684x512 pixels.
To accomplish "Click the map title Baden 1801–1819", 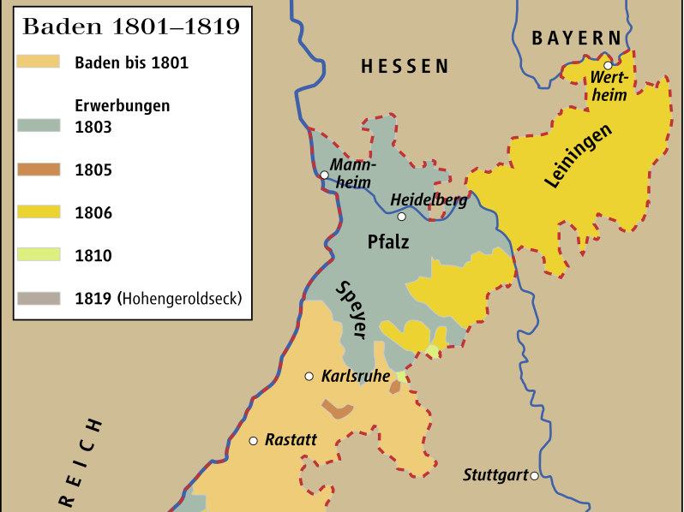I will [130, 26].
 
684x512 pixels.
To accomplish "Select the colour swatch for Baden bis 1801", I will [38, 62].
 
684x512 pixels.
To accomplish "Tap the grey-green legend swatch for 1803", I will [38, 124].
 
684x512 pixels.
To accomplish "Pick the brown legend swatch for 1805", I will [38, 170].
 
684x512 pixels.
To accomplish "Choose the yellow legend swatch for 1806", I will [38, 212].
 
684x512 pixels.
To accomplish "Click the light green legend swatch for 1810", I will [38, 254].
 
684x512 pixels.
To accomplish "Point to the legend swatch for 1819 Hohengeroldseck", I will [38, 298].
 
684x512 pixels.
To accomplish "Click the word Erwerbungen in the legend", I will [123, 106].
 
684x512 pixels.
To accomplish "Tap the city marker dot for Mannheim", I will [325, 175].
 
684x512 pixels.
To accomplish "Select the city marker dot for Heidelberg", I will [401, 217].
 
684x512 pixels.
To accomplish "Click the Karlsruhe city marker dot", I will [309, 376].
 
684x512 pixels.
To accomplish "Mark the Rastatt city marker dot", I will [253, 441].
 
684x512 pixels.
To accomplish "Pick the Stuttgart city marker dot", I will [534, 476].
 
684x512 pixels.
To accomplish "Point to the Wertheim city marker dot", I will [607, 65].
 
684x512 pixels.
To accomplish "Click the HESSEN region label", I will [405, 67].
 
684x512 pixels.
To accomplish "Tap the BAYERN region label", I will [576, 38].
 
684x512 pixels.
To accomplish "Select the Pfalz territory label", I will [388, 241].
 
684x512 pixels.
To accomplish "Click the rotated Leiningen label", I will [579, 157].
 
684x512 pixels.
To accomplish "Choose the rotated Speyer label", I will [351, 309].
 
